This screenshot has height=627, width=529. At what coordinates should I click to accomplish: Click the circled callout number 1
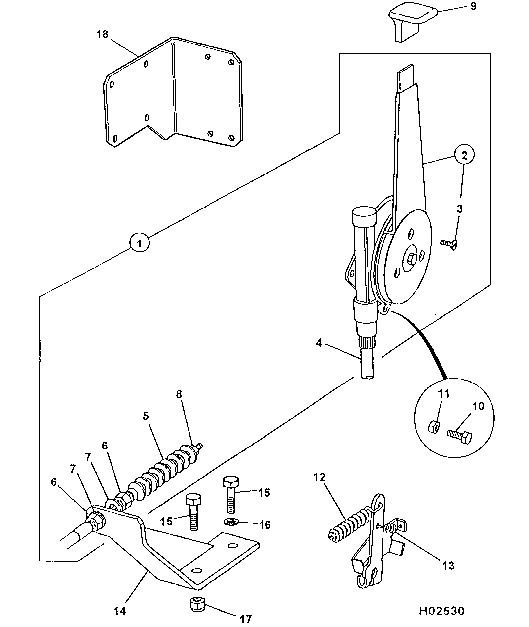139,244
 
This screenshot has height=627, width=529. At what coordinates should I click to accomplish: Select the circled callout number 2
464,155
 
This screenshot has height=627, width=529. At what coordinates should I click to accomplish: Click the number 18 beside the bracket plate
102,34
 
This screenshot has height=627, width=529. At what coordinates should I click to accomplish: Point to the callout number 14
120,611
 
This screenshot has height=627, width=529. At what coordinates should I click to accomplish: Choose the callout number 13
448,565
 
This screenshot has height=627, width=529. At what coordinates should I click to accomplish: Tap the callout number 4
319,343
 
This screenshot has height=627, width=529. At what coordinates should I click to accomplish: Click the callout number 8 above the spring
179,394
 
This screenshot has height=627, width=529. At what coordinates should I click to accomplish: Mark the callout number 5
146,416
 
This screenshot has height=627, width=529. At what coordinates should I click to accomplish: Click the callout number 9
473,6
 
